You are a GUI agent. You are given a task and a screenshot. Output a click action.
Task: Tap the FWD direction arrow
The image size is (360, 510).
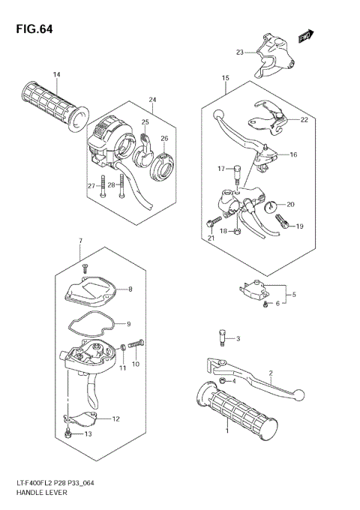click(304, 35)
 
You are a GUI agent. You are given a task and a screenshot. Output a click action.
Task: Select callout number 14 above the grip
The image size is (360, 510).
click(56, 74)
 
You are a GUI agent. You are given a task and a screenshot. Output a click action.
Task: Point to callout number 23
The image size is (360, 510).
click(240, 52)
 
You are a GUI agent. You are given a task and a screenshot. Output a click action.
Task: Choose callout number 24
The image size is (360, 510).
click(152, 100)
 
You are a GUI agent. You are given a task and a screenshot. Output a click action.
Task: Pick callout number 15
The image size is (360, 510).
click(224, 79)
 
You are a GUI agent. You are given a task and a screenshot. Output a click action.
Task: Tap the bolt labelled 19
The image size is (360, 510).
click(283, 220)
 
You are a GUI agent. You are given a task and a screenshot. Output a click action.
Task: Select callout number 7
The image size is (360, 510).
click(80, 240)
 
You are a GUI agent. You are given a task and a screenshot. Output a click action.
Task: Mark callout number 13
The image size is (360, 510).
click(88, 433)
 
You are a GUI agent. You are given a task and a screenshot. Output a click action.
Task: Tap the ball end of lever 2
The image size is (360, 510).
click(298, 393)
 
